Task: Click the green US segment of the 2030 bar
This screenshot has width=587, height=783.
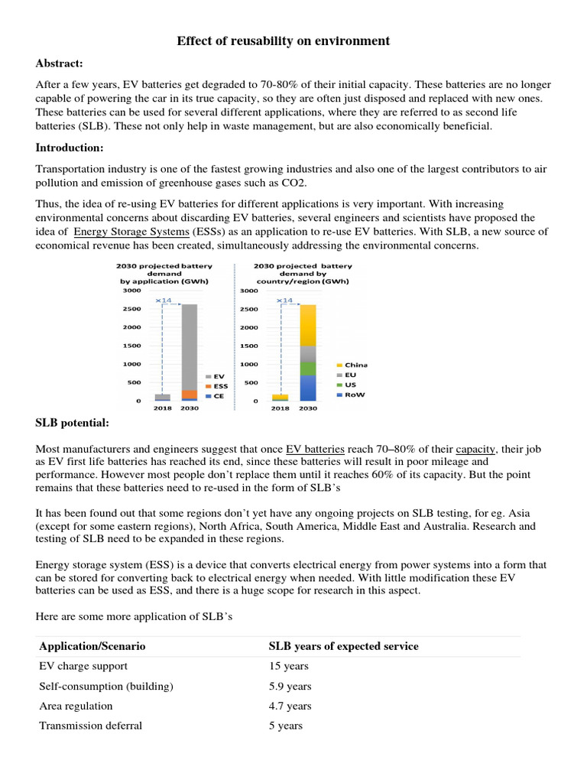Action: click(x=307, y=369)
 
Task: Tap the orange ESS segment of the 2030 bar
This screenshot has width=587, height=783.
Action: click(x=189, y=394)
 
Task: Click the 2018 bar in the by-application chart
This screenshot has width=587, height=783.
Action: click(x=162, y=397)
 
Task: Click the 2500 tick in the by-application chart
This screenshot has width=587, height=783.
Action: click(x=131, y=308)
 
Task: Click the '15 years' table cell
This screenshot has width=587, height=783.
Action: click(x=289, y=667)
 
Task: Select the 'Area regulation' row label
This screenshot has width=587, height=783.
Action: click(x=76, y=706)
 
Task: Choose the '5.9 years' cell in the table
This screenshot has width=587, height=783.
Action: click(x=290, y=687)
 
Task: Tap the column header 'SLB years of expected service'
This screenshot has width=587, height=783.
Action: click(x=343, y=646)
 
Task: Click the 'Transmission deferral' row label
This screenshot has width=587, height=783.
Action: click(x=90, y=726)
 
